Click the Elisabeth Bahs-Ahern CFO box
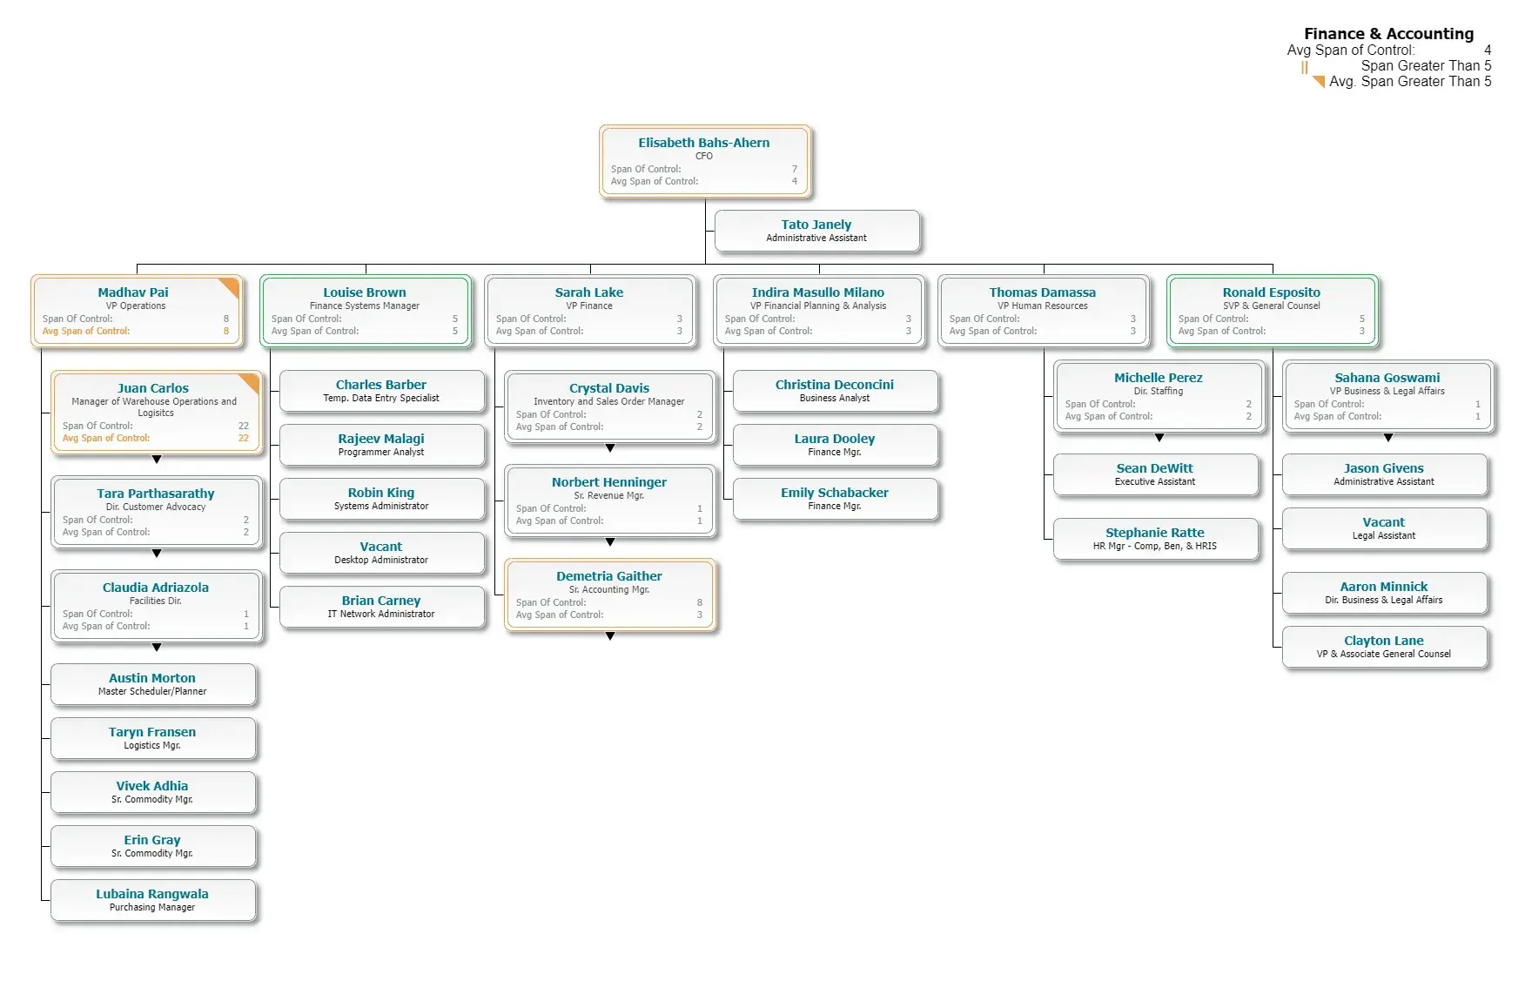(704, 161)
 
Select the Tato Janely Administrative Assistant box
(816, 231)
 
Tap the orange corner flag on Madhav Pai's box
(230, 286)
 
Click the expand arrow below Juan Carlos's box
(157, 459)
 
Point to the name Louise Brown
(364, 292)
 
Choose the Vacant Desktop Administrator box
(381, 553)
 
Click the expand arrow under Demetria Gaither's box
(610, 636)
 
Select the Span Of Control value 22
(244, 426)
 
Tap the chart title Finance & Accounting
(1388, 34)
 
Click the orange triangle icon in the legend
(1320, 82)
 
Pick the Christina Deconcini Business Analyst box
(835, 391)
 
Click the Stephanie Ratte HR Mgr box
(1155, 539)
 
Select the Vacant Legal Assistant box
(1383, 528)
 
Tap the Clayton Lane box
(1383, 647)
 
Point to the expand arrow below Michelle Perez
(1159, 438)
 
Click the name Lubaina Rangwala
(152, 894)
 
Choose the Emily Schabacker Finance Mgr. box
(835, 499)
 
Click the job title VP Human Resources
(1042, 306)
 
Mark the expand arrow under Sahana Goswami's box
(1388, 438)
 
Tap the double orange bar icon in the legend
(1305, 67)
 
